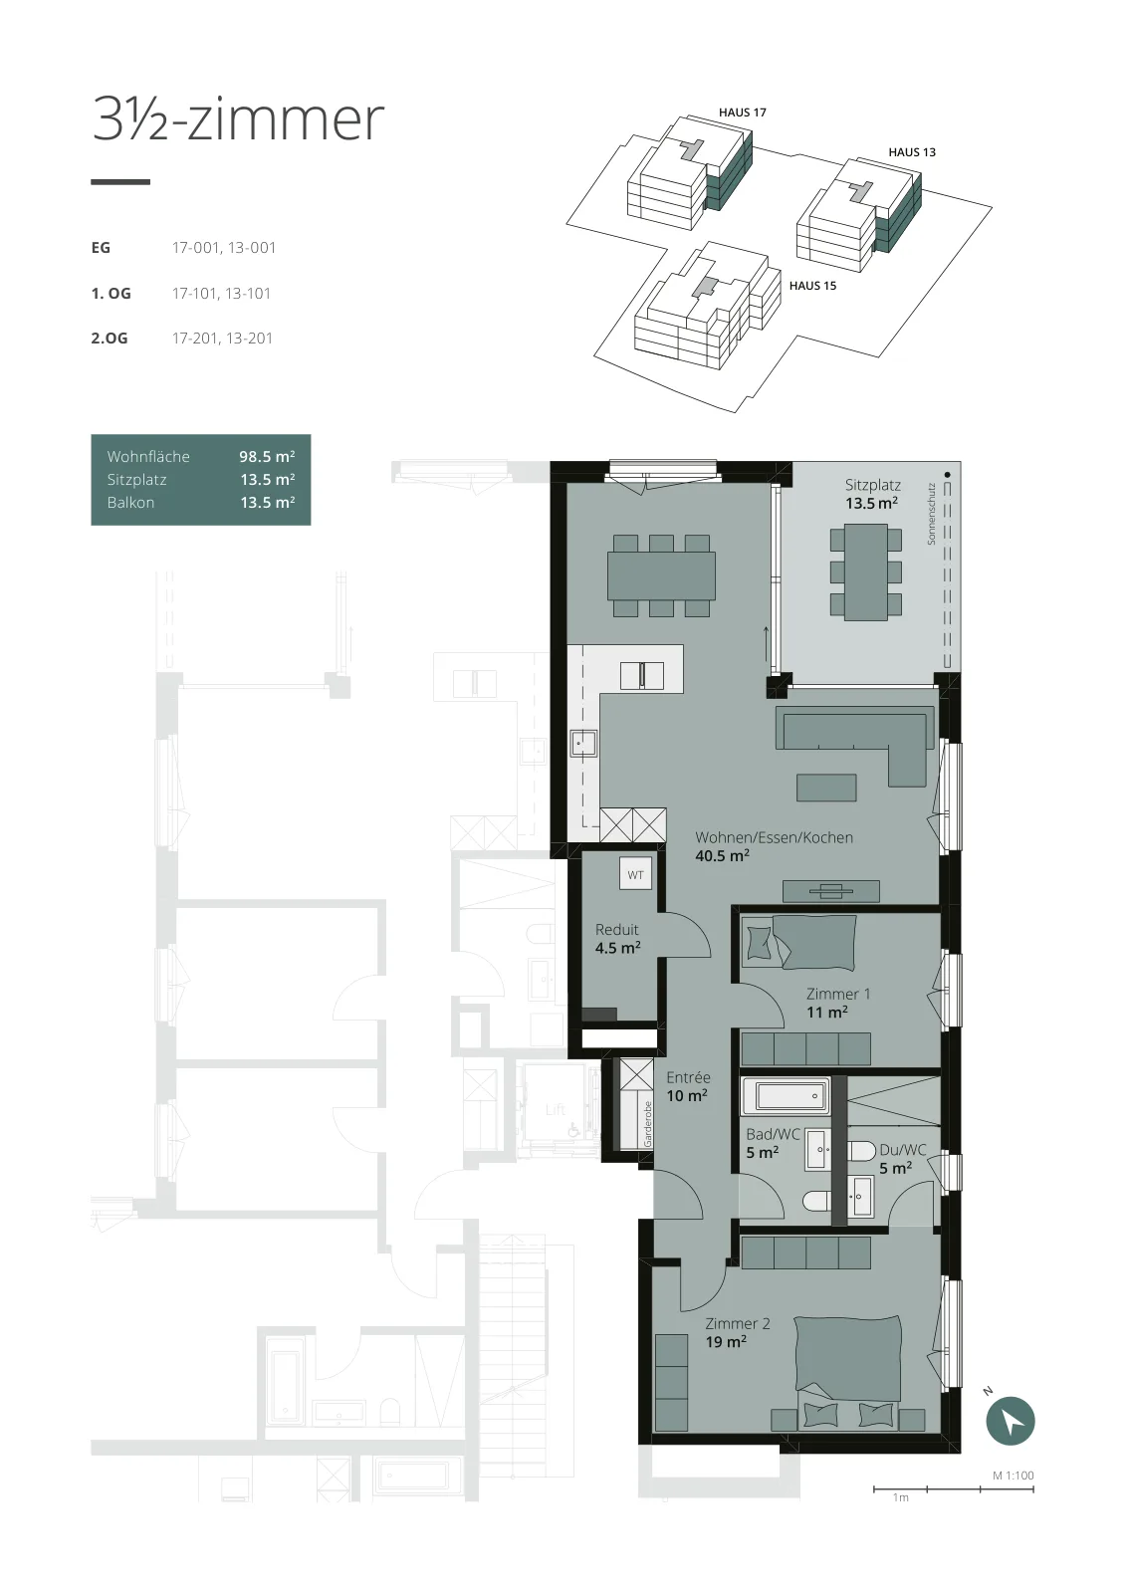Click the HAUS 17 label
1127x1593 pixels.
(x=742, y=113)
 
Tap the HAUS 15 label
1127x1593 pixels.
(x=812, y=286)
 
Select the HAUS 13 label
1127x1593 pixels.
(x=912, y=152)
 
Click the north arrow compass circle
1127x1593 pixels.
(x=1010, y=1420)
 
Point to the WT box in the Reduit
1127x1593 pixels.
(x=635, y=875)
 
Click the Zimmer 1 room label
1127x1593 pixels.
(x=837, y=994)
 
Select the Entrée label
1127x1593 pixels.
(x=688, y=1077)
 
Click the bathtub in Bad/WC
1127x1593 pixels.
(x=786, y=1096)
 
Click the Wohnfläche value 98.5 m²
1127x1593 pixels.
(x=267, y=457)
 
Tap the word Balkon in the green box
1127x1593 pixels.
(x=130, y=502)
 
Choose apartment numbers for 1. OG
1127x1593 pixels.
(x=221, y=293)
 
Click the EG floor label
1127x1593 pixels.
(x=101, y=248)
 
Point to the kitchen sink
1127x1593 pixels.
(x=583, y=744)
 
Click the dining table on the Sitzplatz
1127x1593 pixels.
(x=865, y=571)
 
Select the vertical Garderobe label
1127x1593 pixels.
(x=647, y=1124)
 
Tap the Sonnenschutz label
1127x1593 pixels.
(x=931, y=514)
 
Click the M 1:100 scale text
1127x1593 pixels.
(x=1014, y=1475)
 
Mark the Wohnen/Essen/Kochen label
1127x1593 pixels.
(x=774, y=837)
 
